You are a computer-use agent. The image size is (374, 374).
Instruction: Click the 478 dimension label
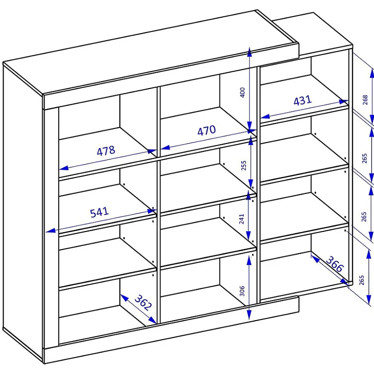pyautogui.click(x=106, y=151)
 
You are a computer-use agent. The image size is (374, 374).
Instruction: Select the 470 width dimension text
pyautogui.click(x=207, y=131)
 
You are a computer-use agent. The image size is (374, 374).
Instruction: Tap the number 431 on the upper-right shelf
pyautogui.click(x=303, y=101)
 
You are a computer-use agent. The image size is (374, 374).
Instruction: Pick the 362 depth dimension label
pyautogui.click(x=143, y=303)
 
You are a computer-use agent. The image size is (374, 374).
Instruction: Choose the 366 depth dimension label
pyautogui.click(x=335, y=264)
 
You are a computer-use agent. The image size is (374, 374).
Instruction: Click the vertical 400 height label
pyautogui.click(x=242, y=92)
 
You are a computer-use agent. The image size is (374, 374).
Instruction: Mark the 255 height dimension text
pyautogui.click(x=243, y=165)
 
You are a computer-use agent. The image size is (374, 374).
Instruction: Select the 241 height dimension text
pyautogui.click(x=242, y=219)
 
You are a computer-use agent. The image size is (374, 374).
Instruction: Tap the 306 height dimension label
pyautogui.click(x=242, y=291)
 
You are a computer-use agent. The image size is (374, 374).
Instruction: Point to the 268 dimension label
pyautogui.click(x=365, y=100)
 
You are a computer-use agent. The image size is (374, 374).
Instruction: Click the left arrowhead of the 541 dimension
pyautogui.click(x=51, y=230)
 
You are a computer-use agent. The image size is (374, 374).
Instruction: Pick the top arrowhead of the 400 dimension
pyautogui.click(x=249, y=52)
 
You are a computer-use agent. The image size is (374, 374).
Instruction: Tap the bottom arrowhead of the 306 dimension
pyautogui.click(x=249, y=315)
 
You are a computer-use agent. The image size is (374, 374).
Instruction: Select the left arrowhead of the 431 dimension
pyautogui.click(x=265, y=116)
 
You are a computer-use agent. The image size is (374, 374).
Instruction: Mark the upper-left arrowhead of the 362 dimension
pyautogui.click(x=123, y=297)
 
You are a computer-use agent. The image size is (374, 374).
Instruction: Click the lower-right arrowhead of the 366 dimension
pyautogui.click(x=345, y=282)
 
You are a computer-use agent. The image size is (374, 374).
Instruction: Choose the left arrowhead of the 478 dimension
pyautogui.click(x=64, y=168)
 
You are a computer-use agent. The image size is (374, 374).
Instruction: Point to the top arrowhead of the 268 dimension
pyautogui.click(x=372, y=73)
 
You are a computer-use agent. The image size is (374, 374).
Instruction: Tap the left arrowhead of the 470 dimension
pyautogui.click(x=165, y=148)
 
